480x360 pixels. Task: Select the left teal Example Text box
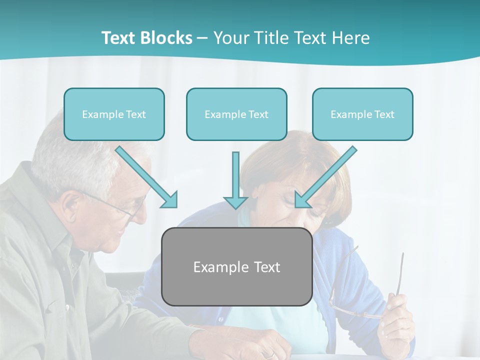click(114, 114)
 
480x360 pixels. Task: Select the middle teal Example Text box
click(236, 114)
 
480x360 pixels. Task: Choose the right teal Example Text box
click(362, 114)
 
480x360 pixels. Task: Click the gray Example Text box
click(236, 266)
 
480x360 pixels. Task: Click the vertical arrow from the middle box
click(235, 180)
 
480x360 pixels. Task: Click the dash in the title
click(202, 38)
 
